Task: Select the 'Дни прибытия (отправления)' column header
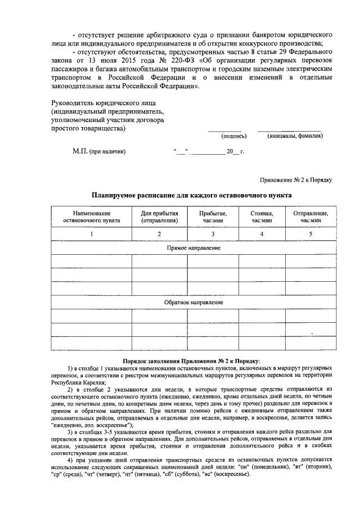[x=159, y=217]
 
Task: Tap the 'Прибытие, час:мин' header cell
[x=213, y=217]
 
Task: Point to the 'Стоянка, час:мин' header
[x=262, y=217]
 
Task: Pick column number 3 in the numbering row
[x=213, y=234]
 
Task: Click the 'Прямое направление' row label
[x=193, y=247]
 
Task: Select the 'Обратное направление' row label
[x=193, y=302]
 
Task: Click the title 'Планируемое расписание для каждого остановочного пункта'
[x=192, y=195]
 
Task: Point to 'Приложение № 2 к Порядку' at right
[x=296, y=179]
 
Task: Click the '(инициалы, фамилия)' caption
[x=295, y=136]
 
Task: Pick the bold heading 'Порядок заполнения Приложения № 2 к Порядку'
[x=192, y=360]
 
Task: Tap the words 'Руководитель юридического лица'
[x=106, y=103]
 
